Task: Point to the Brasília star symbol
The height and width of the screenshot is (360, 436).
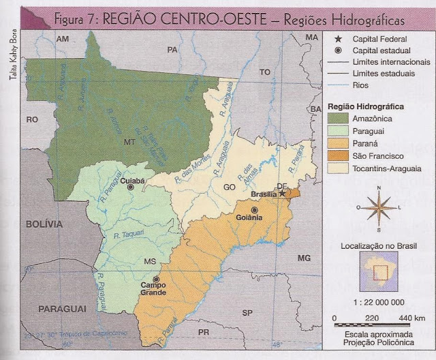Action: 282,194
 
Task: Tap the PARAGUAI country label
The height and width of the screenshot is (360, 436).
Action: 62,309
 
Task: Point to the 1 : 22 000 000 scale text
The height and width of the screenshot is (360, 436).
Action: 379,302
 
